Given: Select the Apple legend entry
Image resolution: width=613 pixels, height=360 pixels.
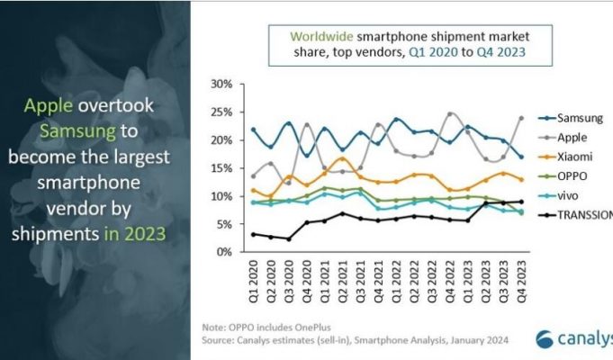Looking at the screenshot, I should [572, 137].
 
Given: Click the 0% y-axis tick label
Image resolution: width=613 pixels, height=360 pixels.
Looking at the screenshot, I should [225, 252].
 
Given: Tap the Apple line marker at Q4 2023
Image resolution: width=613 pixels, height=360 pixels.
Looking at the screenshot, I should [520, 118].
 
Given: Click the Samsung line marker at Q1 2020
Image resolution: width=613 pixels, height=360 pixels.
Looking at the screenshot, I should [253, 130].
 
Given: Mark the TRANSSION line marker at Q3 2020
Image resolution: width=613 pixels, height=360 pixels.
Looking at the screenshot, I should [288, 238].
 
